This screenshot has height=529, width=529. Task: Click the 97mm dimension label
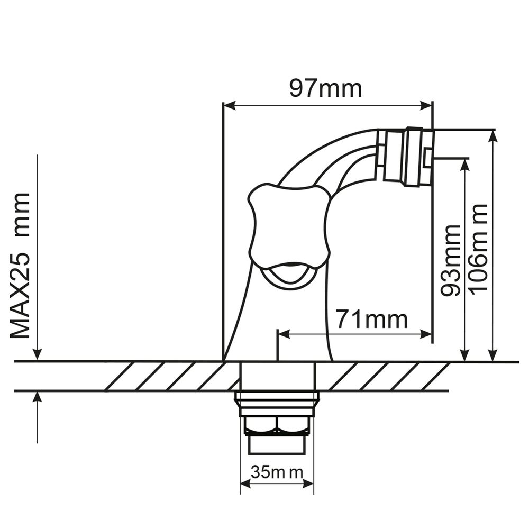pos(325,88)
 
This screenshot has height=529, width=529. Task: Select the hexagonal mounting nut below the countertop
pos(277,425)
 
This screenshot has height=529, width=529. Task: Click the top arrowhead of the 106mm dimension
pos(493,135)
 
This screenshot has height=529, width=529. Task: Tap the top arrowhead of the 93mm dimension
pos(465,163)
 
